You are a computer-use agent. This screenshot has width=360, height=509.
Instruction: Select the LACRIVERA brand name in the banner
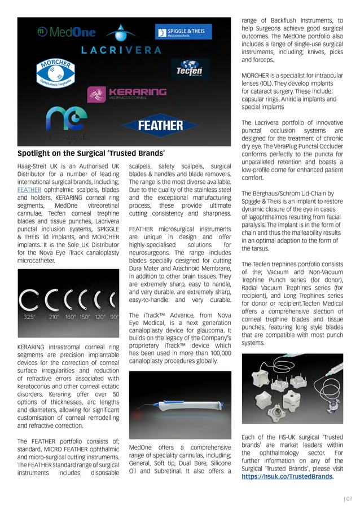click(x=121, y=50)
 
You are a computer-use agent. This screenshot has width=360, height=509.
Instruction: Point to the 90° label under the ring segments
click(x=114, y=317)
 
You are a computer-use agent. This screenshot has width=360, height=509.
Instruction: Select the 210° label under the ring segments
click(x=54, y=317)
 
